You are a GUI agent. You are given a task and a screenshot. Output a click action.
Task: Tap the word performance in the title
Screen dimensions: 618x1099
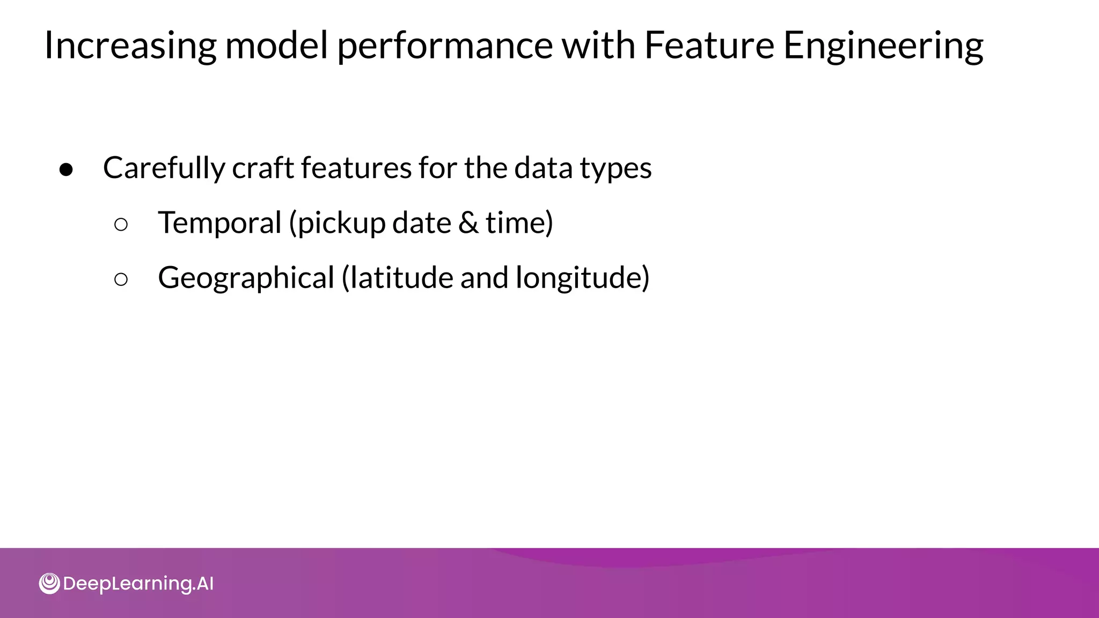(445, 46)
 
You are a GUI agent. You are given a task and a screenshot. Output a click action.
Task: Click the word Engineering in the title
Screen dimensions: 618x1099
(883, 46)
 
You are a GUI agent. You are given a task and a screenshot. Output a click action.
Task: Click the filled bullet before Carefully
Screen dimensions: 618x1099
(67, 170)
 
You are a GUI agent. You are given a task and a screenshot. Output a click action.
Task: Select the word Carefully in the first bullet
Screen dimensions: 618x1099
(164, 168)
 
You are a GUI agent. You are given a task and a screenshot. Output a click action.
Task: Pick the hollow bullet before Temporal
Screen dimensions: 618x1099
(121, 224)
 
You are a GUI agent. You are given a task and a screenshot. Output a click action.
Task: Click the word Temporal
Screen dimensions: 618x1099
(219, 223)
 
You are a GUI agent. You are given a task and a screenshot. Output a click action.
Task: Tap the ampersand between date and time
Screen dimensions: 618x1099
(468, 223)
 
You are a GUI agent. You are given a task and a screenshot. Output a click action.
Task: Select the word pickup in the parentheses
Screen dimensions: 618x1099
(341, 223)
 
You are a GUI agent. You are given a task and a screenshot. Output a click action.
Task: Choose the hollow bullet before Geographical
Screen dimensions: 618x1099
(121, 279)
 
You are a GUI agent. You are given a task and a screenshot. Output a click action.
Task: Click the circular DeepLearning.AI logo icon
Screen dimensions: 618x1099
(49, 584)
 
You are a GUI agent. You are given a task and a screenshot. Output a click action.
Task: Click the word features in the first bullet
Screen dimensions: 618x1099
(356, 167)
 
